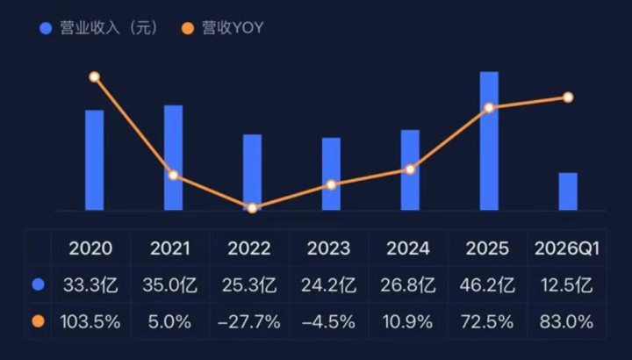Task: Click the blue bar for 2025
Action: coord(489,140)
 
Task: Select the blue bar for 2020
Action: coord(94,160)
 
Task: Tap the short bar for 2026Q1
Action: coord(568,191)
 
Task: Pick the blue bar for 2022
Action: coord(252,172)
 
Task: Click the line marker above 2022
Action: coord(252,208)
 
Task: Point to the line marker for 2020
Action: coord(94,77)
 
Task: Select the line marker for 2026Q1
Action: coord(568,97)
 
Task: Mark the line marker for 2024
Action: coord(410,169)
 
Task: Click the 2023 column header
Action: coord(329,248)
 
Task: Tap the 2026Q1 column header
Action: coord(566,248)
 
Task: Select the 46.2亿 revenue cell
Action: coord(487,285)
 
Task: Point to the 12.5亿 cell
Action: coord(566,285)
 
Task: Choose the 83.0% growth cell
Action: coord(566,321)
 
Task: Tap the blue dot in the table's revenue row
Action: coord(37,285)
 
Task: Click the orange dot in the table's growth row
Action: coord(37,321)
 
